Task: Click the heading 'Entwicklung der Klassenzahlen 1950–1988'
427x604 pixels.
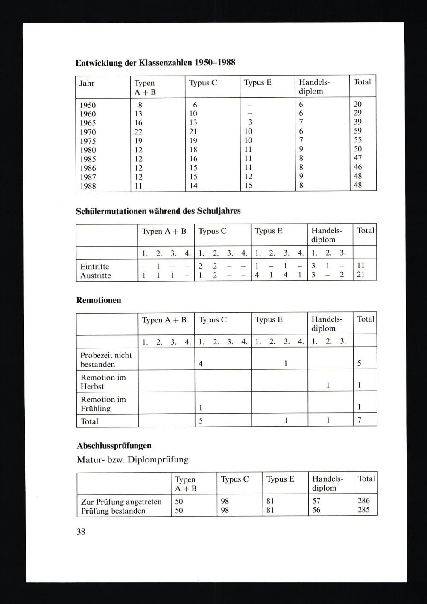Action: pos(155,63)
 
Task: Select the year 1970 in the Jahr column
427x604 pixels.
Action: pos(88,132)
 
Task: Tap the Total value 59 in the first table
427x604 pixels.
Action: pos(358,131)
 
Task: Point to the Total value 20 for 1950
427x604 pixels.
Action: pos(358,104)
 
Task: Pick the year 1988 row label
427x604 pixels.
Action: pos(88,186)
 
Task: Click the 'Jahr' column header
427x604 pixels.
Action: pos(87,83)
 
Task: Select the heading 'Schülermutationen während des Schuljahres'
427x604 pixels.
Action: pos(158,211)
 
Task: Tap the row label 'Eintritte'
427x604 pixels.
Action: pos(95,267)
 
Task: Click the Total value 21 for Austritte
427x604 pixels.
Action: pos(360,275)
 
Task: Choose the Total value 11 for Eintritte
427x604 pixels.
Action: pos(360,266)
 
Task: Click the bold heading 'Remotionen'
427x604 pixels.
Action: pos(99,300)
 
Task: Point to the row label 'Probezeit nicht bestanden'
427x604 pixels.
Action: pos(106,360)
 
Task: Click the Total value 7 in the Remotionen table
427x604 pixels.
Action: pos(360,421)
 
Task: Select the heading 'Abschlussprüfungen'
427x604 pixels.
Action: pos(114,446)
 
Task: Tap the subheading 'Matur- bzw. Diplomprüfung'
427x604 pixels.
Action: pos(133,460)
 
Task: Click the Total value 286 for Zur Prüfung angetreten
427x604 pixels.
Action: pos(364,501)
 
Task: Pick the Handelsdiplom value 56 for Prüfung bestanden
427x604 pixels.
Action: pos(316,510)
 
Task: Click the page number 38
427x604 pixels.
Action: pos(81,532)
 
